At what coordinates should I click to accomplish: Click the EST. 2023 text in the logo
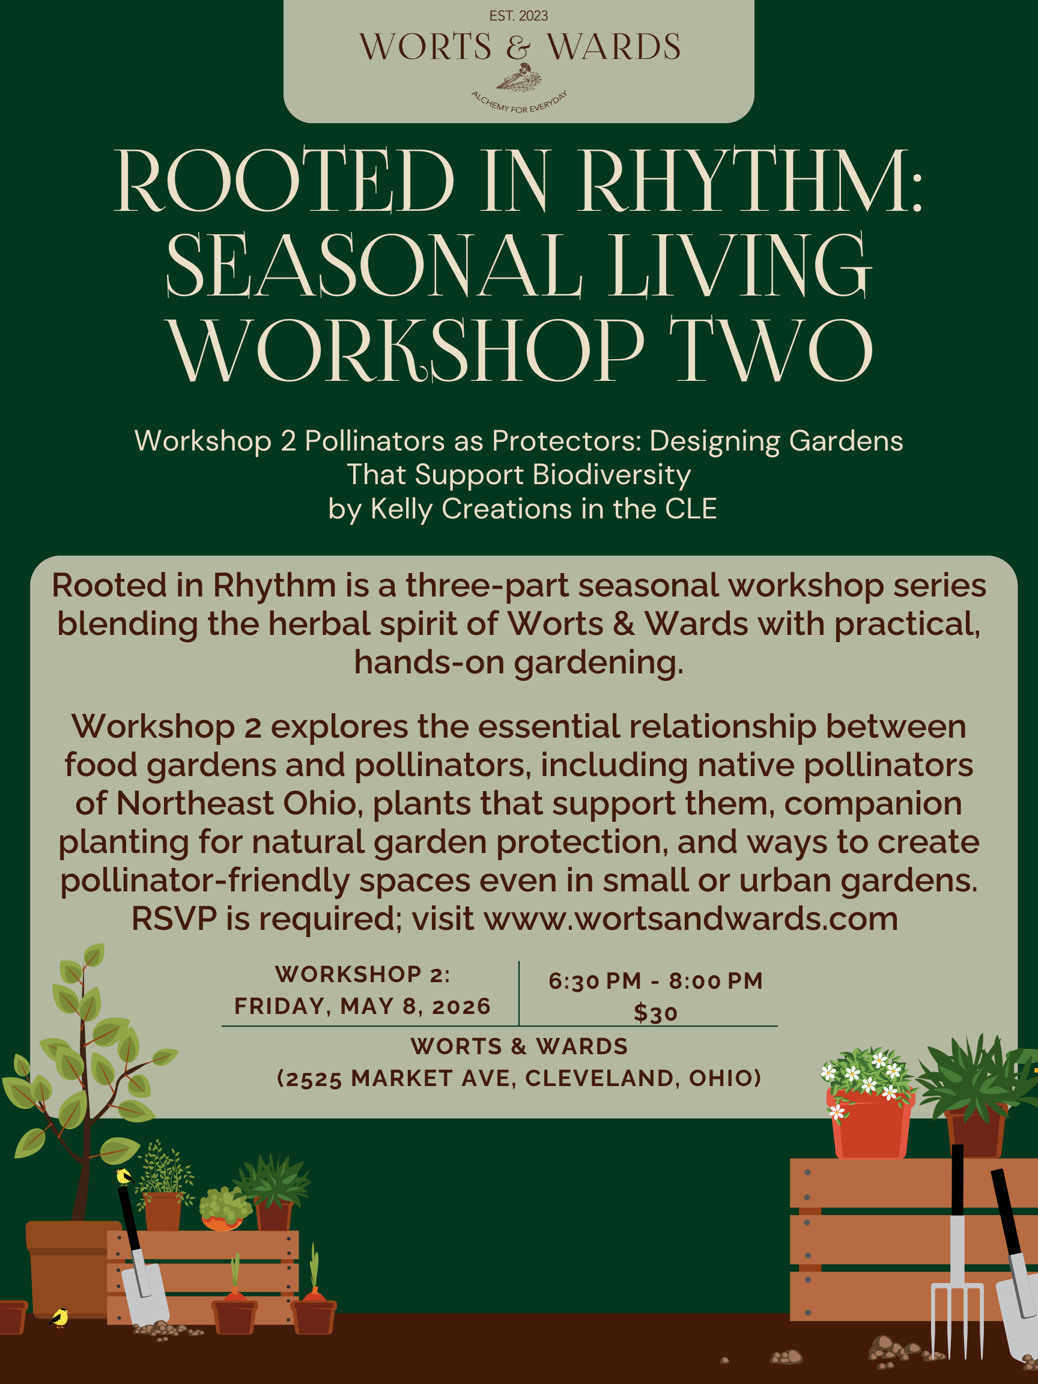pos(518,16)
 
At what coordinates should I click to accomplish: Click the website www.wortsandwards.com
pos(691,918)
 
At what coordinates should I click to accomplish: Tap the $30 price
pos(655,1013)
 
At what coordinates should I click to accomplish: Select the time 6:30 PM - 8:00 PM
pos(655,981)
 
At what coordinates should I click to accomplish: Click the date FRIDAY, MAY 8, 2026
pos(362,1006)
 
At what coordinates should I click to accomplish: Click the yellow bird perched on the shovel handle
pos(124,1177)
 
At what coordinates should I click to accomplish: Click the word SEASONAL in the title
pos(374,266)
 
